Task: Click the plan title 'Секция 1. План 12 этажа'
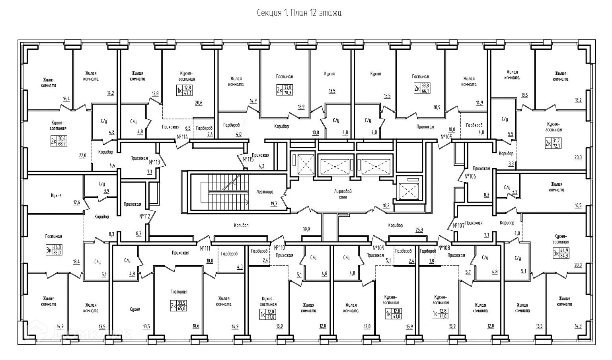[x=299, y=14]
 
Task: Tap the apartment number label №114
[x=182, y=137]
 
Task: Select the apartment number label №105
[x=446, y=137]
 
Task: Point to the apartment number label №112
[x=144, y=216]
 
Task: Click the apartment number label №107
[x=458, y=226]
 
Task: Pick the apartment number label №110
[x=280, y=247]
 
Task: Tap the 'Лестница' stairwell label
[x=264, y=191]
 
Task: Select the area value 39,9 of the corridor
[x=306, y=229]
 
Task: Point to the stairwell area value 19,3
[x=274, y=203]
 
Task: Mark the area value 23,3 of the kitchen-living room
[x=578, y=158]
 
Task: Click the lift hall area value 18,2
[x=386, y=206]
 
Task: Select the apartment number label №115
[x=248, y=159]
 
